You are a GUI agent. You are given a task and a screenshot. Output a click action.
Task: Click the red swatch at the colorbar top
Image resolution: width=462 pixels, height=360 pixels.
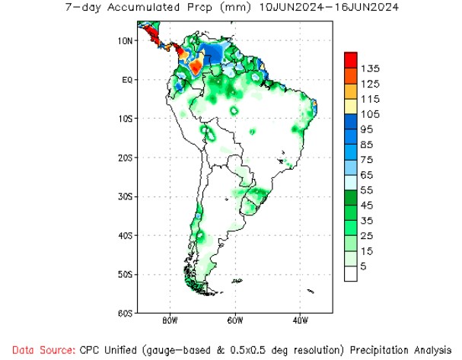pyautogui.click(x=351, y=59)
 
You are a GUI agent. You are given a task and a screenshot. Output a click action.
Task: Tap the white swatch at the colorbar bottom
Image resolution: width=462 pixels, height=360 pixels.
pyautogui.click(x=351, y=273)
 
